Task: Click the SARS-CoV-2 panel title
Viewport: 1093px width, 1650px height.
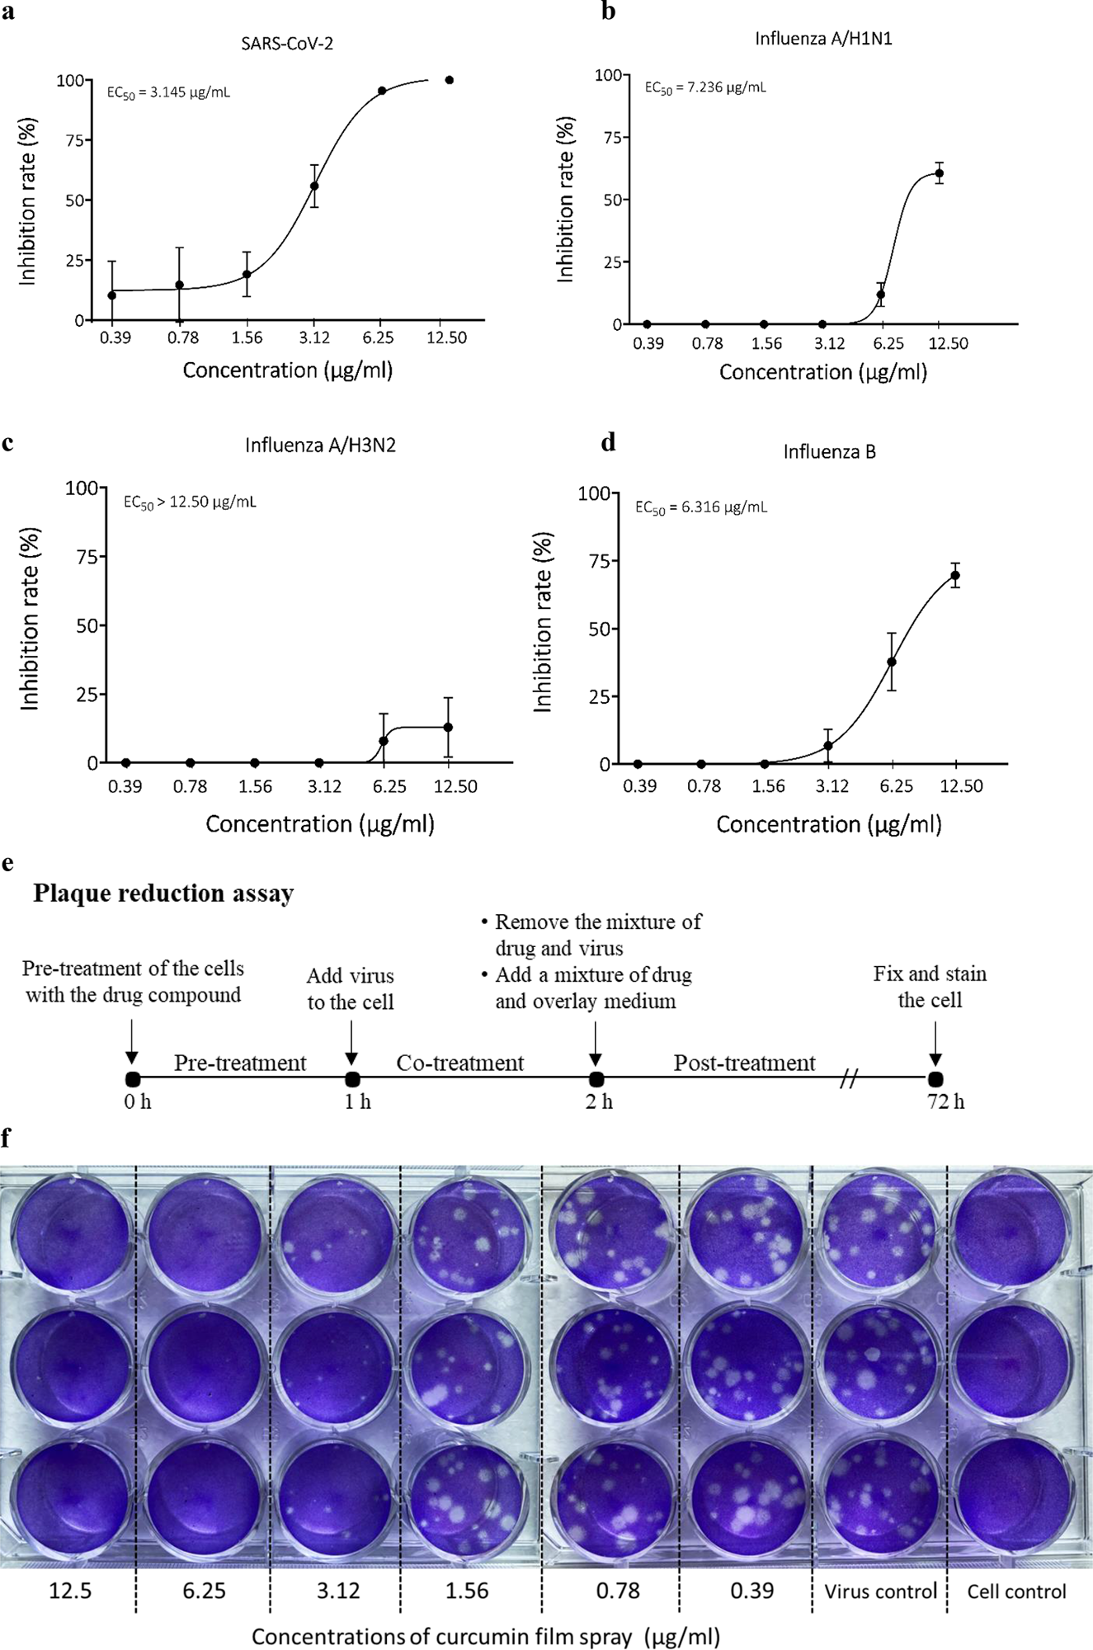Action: click(287, 44)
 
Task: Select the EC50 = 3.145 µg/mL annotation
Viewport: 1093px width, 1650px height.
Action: click(168, 92)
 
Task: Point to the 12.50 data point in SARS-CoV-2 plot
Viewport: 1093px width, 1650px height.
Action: click(450, 80)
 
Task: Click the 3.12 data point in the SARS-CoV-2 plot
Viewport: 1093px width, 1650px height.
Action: click(314, 186)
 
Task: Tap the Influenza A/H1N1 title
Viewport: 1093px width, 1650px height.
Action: click(823, 39)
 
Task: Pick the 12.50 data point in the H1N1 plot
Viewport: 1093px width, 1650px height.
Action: click(939, 173)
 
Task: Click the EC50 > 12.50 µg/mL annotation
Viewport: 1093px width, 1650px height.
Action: click(190, 502)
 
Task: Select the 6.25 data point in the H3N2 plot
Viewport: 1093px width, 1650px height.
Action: click(384, 741)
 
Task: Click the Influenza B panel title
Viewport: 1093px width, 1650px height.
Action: click(829, 452)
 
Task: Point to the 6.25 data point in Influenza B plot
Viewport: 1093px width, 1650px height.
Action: click(892, 662)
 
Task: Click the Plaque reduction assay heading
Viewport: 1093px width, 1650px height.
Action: click(163, 893)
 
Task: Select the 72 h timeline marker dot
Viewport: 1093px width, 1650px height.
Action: click(935, 1079)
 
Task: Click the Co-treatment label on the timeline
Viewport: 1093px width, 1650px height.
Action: click(459, 1063)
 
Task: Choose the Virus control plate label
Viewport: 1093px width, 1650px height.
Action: click(880, 1591)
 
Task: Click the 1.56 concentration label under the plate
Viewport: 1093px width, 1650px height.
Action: click(467, 1591)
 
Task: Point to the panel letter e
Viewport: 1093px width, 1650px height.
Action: click(7, 863)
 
